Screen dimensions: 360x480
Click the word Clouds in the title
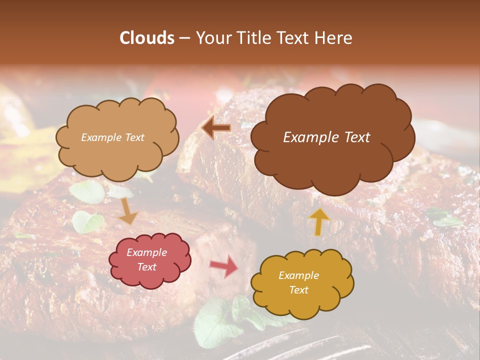coord(146,38)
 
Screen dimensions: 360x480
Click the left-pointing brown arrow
coord(216,128)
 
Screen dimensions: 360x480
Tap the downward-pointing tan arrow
coord(128,211)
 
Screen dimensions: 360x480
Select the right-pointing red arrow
coord(224,266)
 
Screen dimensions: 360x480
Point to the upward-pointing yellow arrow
coord(319,221)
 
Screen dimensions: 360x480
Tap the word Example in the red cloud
coord(147,252)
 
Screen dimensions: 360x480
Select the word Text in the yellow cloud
coord(299,290)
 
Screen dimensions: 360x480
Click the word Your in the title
coord(210,38)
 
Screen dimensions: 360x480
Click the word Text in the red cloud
coord(147,267)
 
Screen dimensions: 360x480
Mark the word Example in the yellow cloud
coord(299,275)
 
